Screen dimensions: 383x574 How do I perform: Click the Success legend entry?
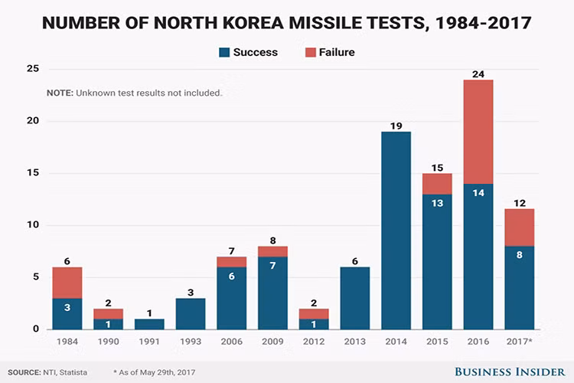click(x=249, y=52)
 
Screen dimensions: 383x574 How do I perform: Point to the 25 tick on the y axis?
click(x=32, y=69)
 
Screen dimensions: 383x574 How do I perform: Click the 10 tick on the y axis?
click(x=32, y=225)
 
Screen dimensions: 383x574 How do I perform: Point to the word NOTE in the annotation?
click(x=59, y=93)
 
